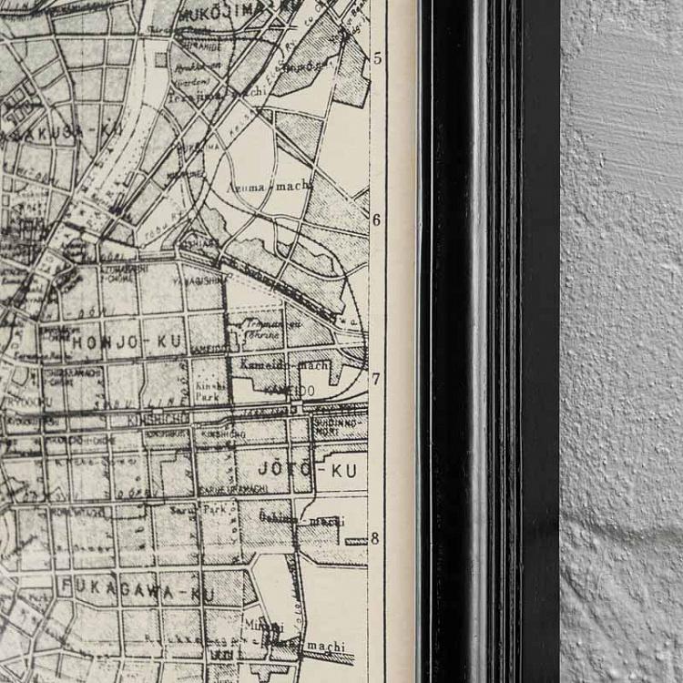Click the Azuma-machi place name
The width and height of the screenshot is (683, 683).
pyautogui.click(x=268, y=187)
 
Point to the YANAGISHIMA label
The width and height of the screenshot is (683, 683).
pyautogui.click(x=201, y=281)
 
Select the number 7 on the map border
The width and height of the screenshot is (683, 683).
pyautogui.click(x=376, y=378)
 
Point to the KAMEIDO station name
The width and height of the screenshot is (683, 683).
pyautogui.click(x=289, y=391)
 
